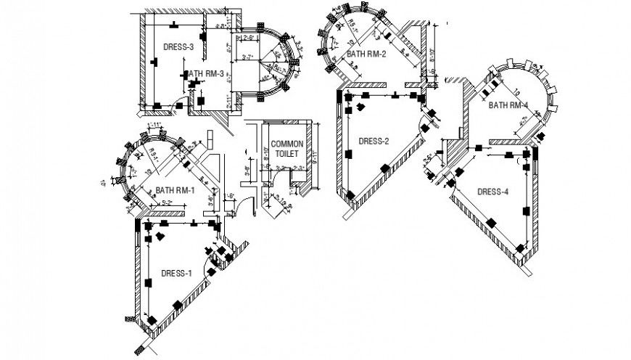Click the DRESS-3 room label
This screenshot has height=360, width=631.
[178, 47]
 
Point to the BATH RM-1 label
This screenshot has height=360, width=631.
[175, 191]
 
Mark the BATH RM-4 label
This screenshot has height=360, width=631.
[508, 105]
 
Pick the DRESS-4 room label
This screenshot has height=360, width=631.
[493, 192]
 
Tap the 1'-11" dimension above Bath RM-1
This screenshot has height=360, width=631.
[154, 126]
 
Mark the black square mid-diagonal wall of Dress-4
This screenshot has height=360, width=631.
[491, 221]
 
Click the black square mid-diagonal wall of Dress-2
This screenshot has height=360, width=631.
[384, 168]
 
